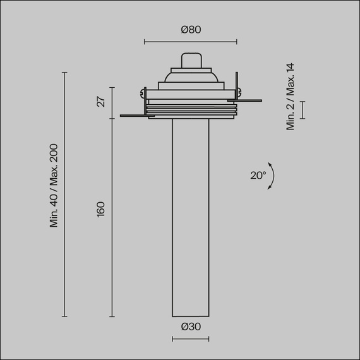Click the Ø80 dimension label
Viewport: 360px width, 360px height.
pos(190,29)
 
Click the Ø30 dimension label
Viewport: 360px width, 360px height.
pos(190,327)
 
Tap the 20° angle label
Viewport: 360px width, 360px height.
pos(258,176)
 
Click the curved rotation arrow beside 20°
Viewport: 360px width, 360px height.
pos(271,176)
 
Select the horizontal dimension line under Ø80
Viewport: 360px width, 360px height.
pos(190,42)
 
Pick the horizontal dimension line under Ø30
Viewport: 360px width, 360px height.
pos(190,339)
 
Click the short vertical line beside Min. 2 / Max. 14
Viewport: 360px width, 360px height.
pos(303,109)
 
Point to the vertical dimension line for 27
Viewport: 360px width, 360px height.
pos(112,102)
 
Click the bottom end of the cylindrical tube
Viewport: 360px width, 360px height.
pos(190,315)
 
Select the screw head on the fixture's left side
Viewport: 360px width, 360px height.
pos(145,93)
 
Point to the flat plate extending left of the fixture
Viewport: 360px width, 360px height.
pos(133,116)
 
